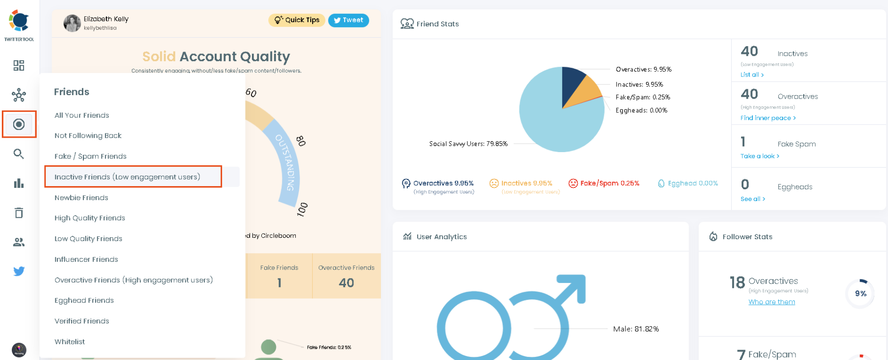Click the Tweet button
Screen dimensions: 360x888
[x=348, y=20]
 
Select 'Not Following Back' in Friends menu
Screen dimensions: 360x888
[x=88, y=135]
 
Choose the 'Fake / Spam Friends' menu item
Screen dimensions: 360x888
[x=90, y=156]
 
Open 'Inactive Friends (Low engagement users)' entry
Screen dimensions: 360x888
[x=127, y=177]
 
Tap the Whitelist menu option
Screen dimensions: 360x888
[x=70, y=342]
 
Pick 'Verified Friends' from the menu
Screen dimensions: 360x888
[x=82, y=321]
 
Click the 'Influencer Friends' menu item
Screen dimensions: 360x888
[x=86, y=259]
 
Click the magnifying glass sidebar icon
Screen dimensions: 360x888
[x=19, y=154]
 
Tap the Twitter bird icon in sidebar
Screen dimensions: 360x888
[x=19, y=271]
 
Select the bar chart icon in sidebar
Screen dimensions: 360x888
[x=19, y=183]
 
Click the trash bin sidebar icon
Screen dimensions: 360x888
[x=19, y=213]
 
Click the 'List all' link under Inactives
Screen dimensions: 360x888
[x=752, y=75]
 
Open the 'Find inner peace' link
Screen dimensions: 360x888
[x=767, y=118]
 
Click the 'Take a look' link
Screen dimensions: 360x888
[x=759, y=156]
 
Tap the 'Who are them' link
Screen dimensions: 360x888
[x=771, y=302]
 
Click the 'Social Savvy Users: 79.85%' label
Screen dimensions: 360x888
[x=468, y=144]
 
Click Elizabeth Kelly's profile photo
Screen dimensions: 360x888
[x=72, y=23]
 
